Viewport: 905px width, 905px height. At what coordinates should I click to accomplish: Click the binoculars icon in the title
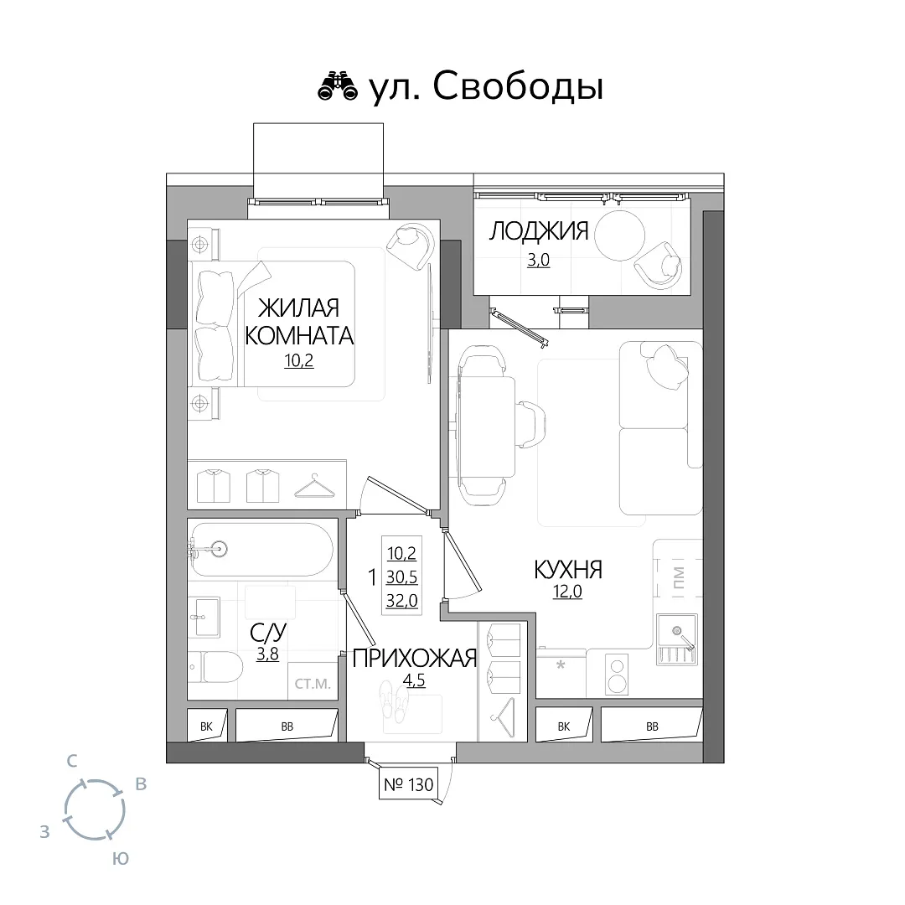click(x=338, y=86)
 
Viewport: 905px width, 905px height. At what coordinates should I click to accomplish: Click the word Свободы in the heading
click(x=518, y=87)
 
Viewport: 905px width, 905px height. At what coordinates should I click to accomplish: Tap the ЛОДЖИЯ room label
click(x=539, y=231)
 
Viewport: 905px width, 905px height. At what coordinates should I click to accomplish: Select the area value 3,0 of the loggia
click(x=539, y=260)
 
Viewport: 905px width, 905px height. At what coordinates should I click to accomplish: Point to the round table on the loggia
click(x=619, y=235)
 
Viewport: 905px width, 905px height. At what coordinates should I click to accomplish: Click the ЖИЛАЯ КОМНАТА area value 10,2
click(x=298, y=360)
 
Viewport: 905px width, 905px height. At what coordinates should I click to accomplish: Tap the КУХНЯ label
click(x=568, y=570)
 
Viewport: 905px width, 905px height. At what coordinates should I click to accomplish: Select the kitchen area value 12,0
click(x=568, y=592)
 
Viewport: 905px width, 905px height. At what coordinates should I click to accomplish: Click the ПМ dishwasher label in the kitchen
click(x=679, y=577)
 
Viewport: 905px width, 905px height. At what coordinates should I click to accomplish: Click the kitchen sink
click(x=677, y=639)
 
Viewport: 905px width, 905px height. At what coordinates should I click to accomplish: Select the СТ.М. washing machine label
click(x=313, y=684)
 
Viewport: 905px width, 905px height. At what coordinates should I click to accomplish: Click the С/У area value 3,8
click(x=268, y=654)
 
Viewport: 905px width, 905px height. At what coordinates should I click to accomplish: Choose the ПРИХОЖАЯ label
click(x=415, y=658)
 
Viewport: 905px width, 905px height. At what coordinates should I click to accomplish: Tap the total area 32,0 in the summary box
click(x=401, y=600)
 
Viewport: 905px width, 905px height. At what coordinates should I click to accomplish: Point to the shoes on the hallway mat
click(x=394, y=700)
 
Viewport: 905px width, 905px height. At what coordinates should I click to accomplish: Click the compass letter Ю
click(x=120, y=859)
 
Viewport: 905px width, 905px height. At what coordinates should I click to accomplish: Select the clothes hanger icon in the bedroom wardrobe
click(x=314, y=486)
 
